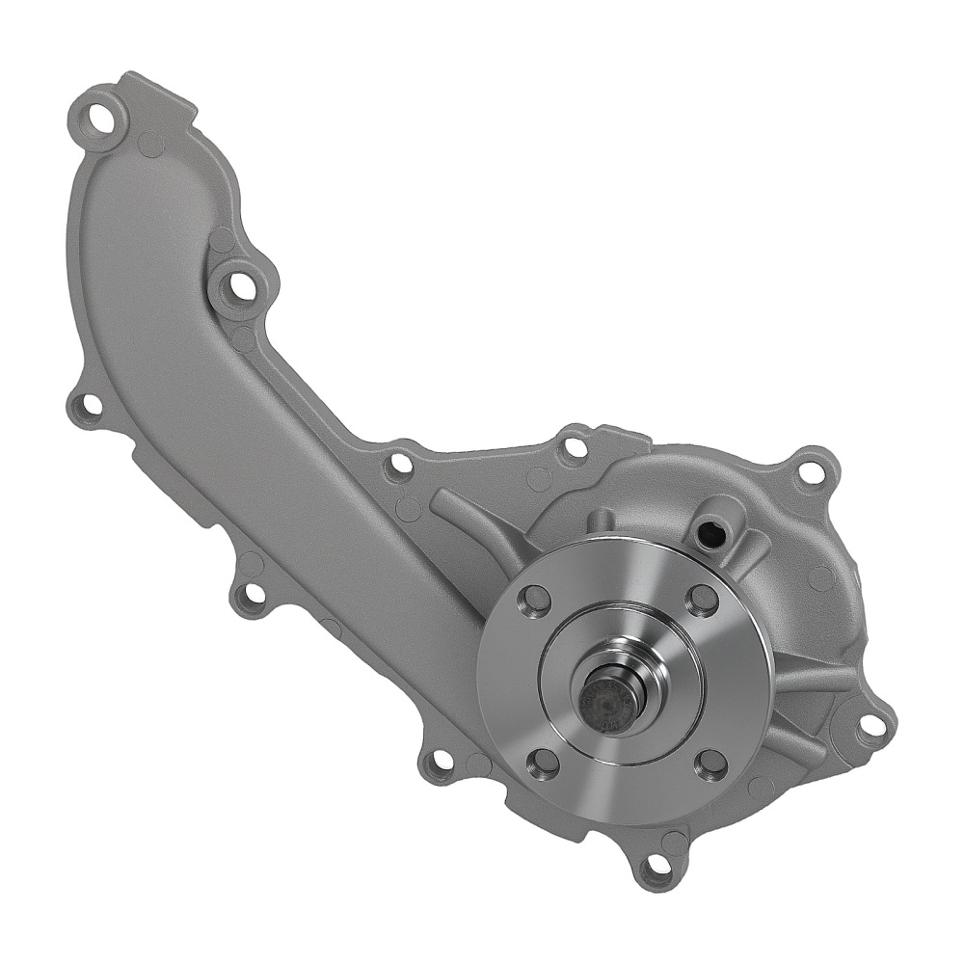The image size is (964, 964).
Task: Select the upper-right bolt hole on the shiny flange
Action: coord(703,599)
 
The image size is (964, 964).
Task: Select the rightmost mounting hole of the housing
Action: coord(870,724)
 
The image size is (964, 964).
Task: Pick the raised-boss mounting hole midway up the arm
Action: coord(237,286)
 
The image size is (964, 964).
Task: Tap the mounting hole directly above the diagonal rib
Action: coord(399,466)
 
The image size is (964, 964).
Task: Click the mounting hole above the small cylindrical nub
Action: coord(575,447)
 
